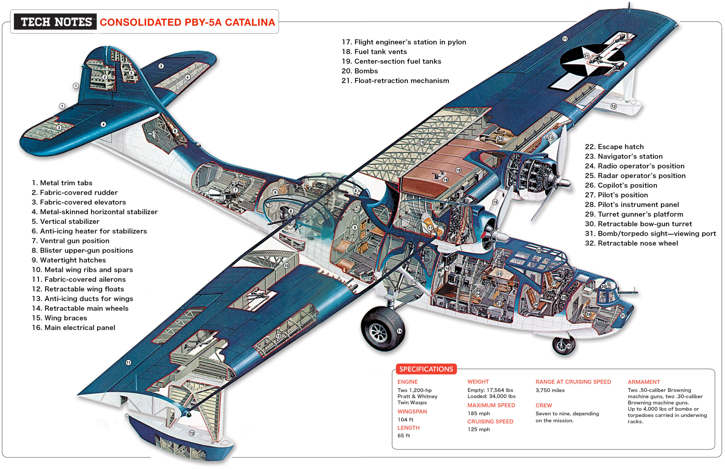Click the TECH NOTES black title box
[x=56, y=22]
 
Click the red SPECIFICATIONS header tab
[x=426, y=369]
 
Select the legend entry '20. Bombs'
[x=359, y=71]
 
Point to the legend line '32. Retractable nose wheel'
[x=631, y=243]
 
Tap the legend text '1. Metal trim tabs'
[x=62, y=183]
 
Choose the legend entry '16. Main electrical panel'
[x=73, y=328]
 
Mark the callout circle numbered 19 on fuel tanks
[x=458, y=170]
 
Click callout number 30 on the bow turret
[x=604, y=286]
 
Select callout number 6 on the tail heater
[x=175, y=131]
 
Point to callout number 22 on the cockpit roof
[x=539, y=250]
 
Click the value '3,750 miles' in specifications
[x=550, y=390]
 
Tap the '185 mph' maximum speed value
[x=479, y=414]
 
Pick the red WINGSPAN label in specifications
[x=412, y=411]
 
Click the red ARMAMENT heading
[x=644, y=382]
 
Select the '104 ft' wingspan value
[x=405, y=420]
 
